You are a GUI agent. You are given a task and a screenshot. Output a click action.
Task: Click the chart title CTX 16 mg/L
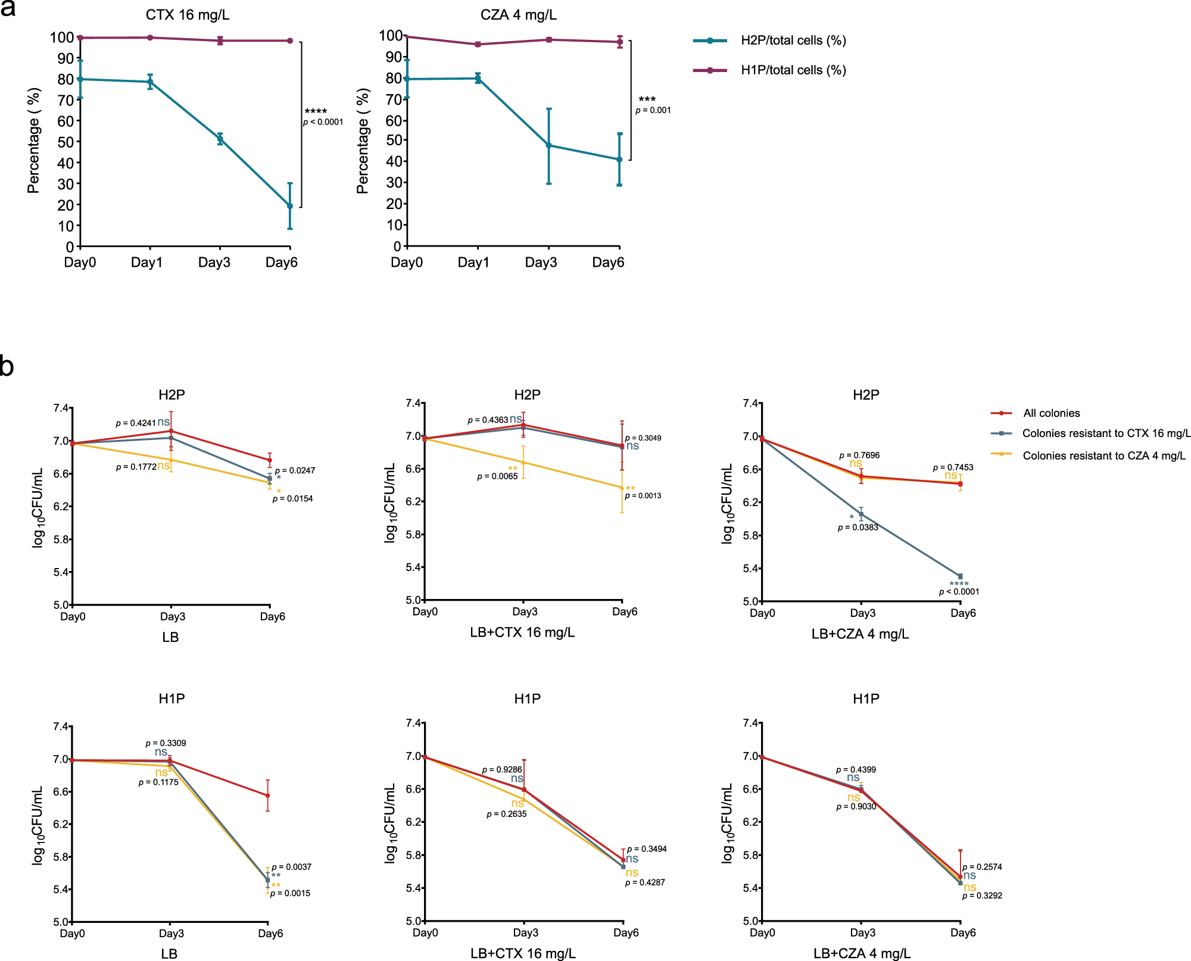(x=187, y=15)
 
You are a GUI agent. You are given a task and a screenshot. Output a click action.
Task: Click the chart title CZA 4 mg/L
(x=518, y=15)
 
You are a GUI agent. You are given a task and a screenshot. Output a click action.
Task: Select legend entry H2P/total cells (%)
(x=793, y=40)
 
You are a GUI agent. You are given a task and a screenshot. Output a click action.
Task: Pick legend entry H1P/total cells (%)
(x=793, y=70)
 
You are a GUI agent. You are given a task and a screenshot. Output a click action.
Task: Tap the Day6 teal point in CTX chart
(x=290, y=206)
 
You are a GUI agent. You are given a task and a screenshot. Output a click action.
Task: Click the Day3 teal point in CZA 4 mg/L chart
(x=548, y=145)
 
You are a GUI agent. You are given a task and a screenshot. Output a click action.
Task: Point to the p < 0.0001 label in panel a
(x=323, y=122)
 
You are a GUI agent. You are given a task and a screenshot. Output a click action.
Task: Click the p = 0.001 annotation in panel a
(x=653, y=110)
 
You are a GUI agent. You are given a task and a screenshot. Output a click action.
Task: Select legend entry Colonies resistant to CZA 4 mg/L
(x=1103, y=455)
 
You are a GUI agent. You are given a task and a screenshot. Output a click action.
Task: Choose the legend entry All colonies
(x=1051, y=413)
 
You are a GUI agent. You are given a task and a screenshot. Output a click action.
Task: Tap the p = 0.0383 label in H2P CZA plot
(x=858, y=528)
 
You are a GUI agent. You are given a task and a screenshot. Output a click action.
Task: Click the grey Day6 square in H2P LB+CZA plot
(x=960, y=576)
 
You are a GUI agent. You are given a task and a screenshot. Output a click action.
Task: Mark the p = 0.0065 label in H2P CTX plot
(x=497, y=476)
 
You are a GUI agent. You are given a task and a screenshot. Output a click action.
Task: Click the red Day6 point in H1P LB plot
(x=268, y=795)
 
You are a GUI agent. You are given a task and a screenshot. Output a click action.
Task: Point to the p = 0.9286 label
(x=501, y=769)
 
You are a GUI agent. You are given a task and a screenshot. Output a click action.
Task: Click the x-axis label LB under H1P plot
(x=169, y=954)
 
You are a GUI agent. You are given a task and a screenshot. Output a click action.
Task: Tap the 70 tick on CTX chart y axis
(x=66, y=100)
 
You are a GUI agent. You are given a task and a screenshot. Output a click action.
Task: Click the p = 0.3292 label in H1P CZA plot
(x=982, y=896)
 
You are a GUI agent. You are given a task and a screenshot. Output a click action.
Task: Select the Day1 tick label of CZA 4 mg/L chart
(x=473, y=263)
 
